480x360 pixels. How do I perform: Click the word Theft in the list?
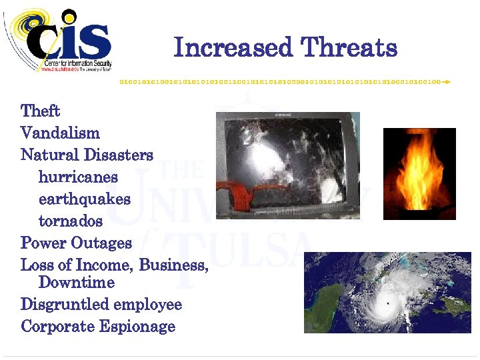coord(41,111)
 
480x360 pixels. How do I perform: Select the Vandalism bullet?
coord(60,133)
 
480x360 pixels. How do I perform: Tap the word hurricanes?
coord(78,177)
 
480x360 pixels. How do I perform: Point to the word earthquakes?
coord(85,199)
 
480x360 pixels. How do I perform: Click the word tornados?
coord(71,221)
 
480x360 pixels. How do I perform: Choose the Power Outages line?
coord(76,243)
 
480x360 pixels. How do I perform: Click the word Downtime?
coord(77,282)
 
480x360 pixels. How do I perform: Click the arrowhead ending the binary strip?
coord(447,82)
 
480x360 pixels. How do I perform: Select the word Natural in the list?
coord(50,155)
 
